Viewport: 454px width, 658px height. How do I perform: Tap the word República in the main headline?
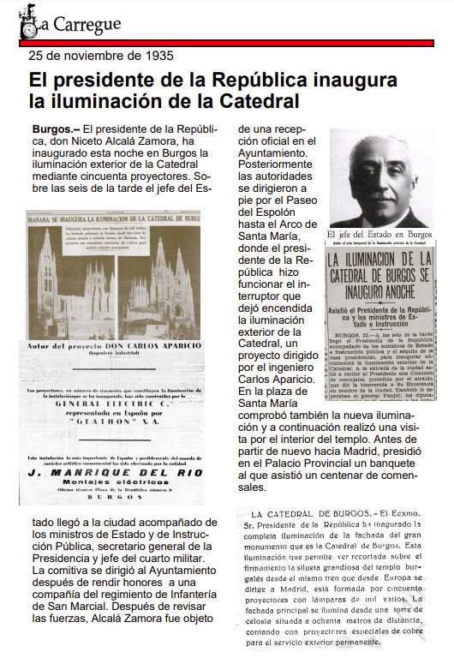tap(262, 81)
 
